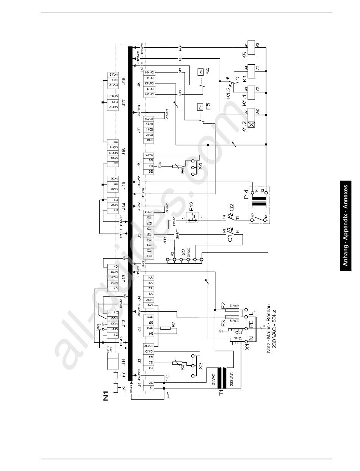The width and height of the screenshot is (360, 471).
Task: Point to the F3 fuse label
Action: pos(224,324)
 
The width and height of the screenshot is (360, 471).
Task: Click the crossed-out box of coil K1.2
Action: pos(250,123)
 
